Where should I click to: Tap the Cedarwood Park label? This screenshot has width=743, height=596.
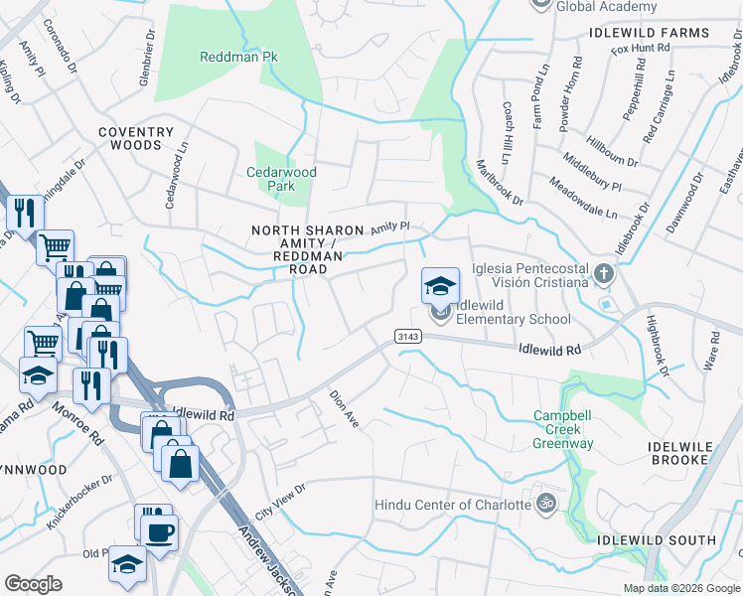click(x=282, y=179)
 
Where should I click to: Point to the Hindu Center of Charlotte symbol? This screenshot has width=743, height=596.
click(x=543, y=504)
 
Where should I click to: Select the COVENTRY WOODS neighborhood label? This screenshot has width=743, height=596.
click(x=136, y=138)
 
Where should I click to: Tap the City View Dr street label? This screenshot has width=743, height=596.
click(x=280, y=505)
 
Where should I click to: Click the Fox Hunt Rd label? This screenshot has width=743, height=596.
click(x=641, y=49)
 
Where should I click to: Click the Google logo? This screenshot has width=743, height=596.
click(x=33, y=584)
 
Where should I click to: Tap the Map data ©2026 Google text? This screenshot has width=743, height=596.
click(x=681, y=588)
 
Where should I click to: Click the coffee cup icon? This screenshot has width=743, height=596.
click(x=160, y=531)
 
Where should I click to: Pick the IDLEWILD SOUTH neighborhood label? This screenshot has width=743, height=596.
click(x=657, y=540)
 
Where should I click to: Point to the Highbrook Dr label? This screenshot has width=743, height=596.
click(x=659, y=345)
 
